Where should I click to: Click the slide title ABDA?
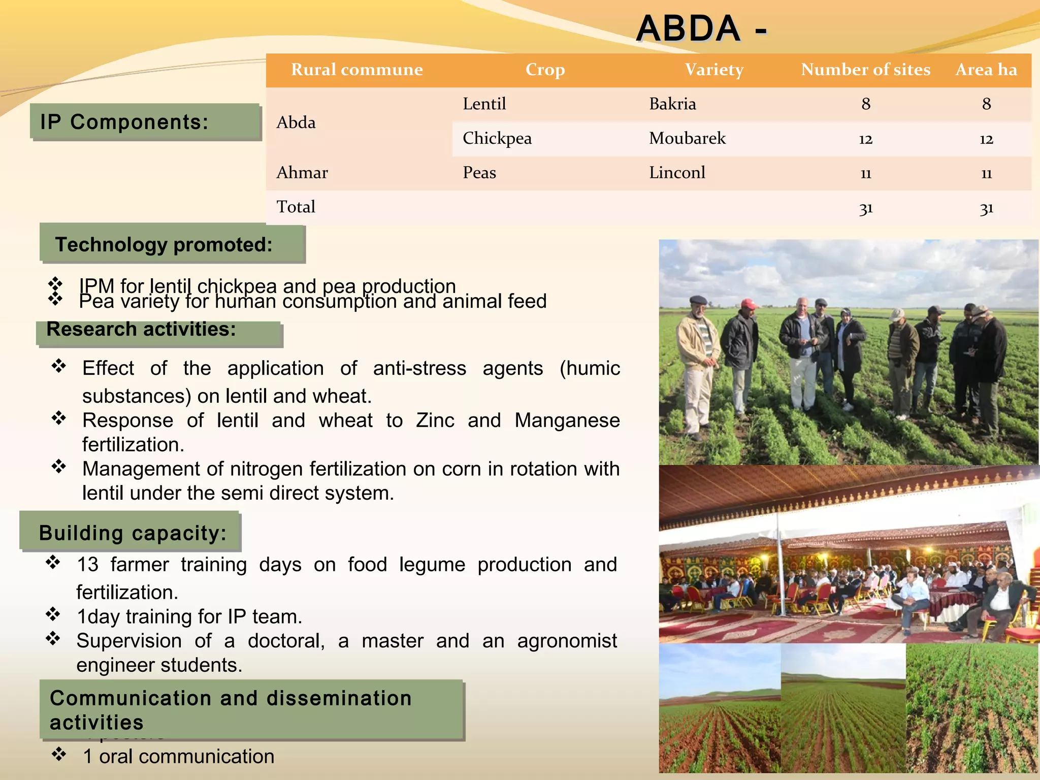click(x=689, y=28)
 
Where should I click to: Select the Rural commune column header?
click(x=356, y=70)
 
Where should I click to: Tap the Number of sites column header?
click(x=865, y=70)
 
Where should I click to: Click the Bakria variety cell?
click(x=672, y=104)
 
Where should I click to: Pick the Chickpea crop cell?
click(x=497, y=138)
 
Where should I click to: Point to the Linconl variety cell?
click(x=677, y=173)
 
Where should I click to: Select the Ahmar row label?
click(x=302, y=173)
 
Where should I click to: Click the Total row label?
click(x=296, y=207)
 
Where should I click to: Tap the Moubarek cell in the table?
click(x=687, y=138)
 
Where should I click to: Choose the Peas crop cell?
click(x=479, y=173)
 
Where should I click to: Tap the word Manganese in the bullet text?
click(x=567, y=420)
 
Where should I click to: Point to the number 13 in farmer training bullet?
click(x=87, y=565)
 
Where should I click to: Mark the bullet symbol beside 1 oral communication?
click(x=59, y=755)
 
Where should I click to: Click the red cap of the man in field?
click(x=749, y=304)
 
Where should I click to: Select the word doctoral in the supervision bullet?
click(x=286, y=641)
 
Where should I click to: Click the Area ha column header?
click(x=986, y=70)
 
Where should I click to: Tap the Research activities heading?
click(x=141, y=330)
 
